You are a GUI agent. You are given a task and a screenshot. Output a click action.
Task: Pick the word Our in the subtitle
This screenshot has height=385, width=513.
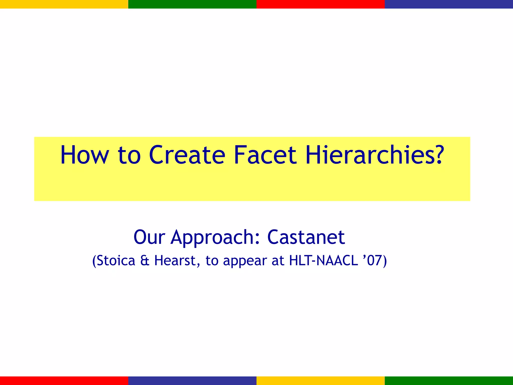coord(149,237)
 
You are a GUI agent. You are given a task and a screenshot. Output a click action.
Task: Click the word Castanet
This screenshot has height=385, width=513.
coord(306,237)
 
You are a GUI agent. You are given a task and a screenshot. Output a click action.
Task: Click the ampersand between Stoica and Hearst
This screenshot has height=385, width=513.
coord(145,261)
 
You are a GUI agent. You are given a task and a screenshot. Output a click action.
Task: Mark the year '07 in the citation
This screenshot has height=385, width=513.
coord(372,261)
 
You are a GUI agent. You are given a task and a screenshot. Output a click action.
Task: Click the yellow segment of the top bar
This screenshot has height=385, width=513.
coord(64,4)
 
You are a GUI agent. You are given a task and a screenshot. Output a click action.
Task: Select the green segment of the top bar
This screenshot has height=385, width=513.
coord(192,4)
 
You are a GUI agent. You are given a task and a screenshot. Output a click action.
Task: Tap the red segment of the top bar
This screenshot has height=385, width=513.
coord(321,4)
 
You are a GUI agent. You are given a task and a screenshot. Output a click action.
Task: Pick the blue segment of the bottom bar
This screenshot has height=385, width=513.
coord(192,380)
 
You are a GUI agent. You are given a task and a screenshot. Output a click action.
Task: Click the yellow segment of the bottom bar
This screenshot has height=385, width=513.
coord(321,380)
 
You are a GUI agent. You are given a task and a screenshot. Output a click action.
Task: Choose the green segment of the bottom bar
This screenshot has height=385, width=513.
coord(449,380)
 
